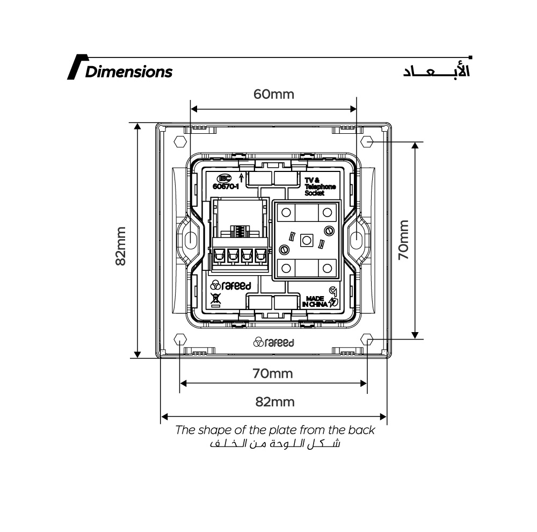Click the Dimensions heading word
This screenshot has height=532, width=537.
point(129,71)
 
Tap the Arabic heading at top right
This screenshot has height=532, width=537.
point(436,70)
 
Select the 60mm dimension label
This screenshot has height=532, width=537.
point(274,94)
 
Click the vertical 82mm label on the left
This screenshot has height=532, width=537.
point(120,246)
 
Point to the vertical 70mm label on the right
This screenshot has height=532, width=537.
point(403,240)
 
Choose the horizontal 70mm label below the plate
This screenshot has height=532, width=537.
point(273,373)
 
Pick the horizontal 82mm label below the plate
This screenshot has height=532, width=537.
point(274,402)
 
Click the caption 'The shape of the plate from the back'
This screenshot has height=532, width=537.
point(275,430)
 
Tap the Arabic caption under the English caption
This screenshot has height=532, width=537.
point(275,443)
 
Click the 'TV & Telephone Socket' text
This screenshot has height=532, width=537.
point(320,186)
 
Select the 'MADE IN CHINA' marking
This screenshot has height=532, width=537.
point(315,301)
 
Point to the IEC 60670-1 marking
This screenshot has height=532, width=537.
point(226,182)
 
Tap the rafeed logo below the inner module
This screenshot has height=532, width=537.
point(274,342)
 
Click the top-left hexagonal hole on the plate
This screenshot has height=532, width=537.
point(180,141)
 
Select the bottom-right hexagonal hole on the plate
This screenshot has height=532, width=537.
point(367,340)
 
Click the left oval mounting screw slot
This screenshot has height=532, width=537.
point(191,238)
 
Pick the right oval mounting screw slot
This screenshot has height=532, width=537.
point(356,238)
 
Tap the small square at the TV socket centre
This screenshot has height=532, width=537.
point(307,240)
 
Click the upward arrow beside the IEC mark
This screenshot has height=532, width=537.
point(242,177)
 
